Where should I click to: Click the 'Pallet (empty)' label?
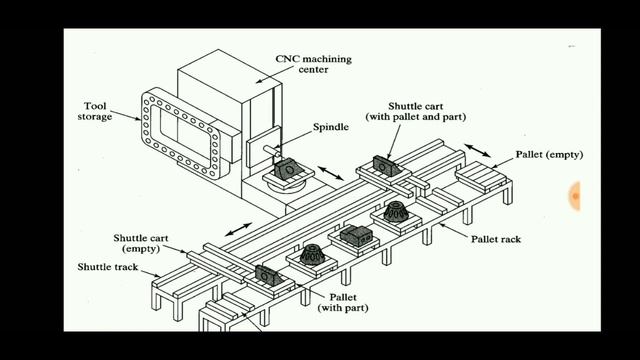point(549,155)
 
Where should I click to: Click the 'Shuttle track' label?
point(109,268)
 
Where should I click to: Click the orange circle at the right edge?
point(576,197)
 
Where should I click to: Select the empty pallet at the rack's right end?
point(479,180)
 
